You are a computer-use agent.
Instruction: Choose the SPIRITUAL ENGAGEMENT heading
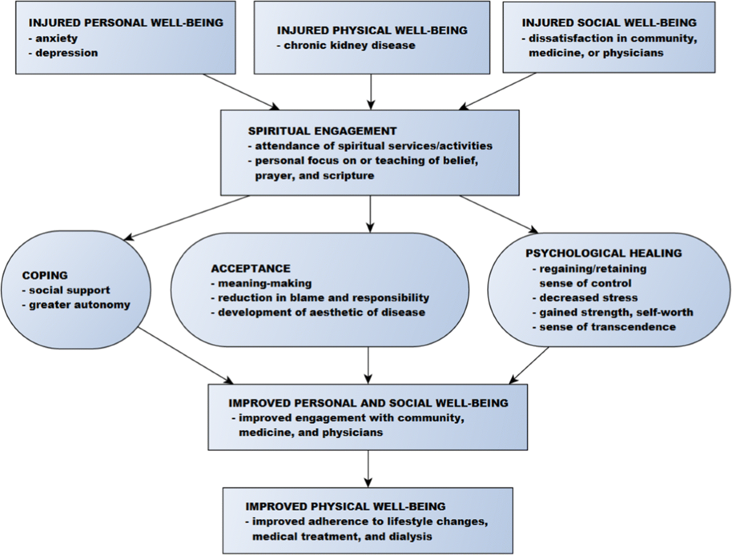(x=322, y=131)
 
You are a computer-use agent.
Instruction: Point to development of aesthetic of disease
(x=318, y=312)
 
